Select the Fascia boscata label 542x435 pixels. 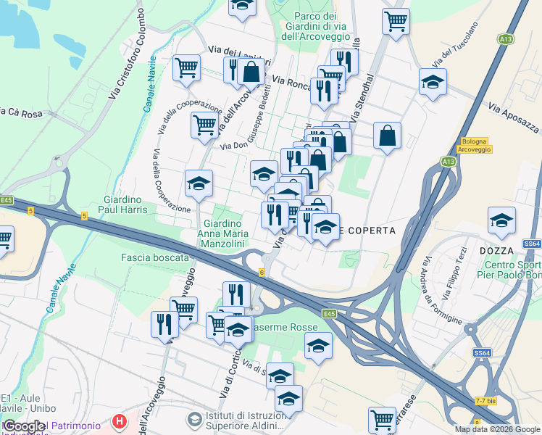[x=154, y=257]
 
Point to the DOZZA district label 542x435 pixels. [x=496, y=250]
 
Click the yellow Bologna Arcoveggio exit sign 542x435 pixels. [x=475, y=144]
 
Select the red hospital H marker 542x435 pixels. [x=120, y=420]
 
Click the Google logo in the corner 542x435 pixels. [x=24, y=426]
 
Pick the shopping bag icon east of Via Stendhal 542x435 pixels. [x=388, y=135]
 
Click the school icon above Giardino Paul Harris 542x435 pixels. [x=199, y=183]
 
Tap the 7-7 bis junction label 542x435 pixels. [x=485, y=400]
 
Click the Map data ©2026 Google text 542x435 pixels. [x=497, y=429]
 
